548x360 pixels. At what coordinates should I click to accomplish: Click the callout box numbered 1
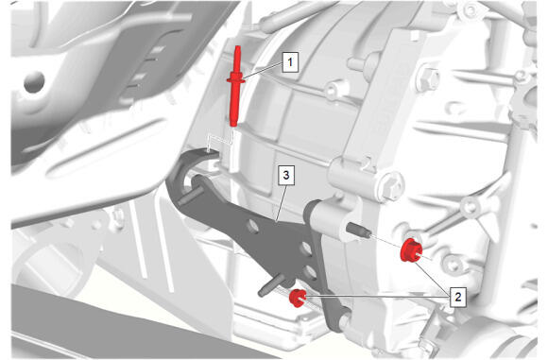pos(290,62)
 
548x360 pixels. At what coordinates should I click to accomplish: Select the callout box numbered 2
pos(457,297)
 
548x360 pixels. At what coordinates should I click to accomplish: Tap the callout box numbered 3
pos(286,175)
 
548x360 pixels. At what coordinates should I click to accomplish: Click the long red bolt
pos(236,86)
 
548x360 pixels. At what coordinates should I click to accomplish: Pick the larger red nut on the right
pos(411,249)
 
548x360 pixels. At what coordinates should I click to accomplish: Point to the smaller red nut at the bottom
pos(297,299)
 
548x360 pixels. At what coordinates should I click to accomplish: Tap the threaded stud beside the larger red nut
pos(358,231)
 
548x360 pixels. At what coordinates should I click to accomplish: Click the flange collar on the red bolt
pos(236,79)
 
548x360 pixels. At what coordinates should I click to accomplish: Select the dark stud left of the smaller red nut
pos(271,285)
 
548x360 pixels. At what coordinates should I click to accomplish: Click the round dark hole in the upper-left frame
pos(34,82)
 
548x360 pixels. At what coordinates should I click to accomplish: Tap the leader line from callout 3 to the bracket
pos(281,203)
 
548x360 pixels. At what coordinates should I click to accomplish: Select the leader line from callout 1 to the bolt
pos(264,70)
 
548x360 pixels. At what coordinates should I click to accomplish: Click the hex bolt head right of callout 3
pos(391,187)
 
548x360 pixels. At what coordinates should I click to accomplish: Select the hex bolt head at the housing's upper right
pos(429,79)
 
